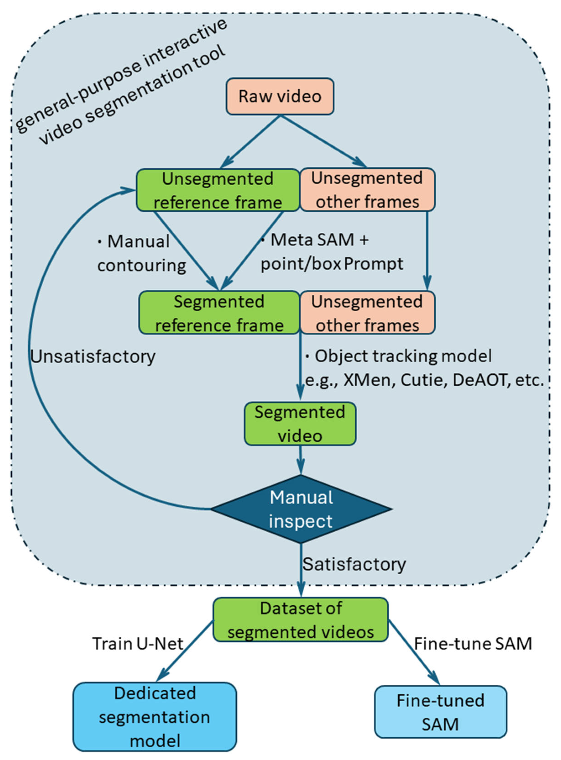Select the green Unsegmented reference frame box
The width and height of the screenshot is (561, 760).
(218, 190)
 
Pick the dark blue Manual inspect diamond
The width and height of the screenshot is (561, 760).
(301, 509)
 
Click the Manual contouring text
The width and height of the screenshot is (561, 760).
(141, 253)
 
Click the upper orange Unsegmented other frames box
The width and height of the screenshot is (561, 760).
(367, 189)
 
